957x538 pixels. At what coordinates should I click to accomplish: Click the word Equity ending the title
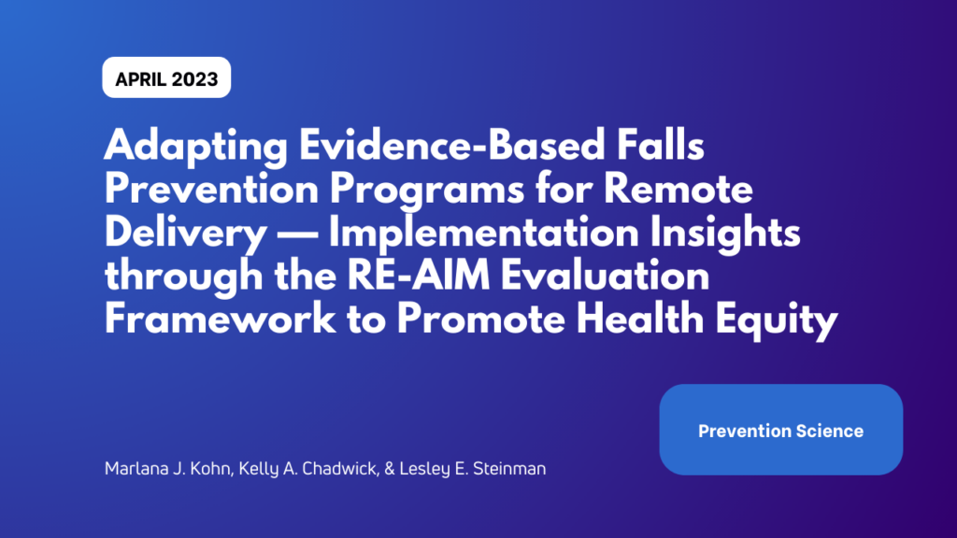point(778,320)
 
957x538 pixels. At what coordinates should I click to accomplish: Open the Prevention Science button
point(780,431)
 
